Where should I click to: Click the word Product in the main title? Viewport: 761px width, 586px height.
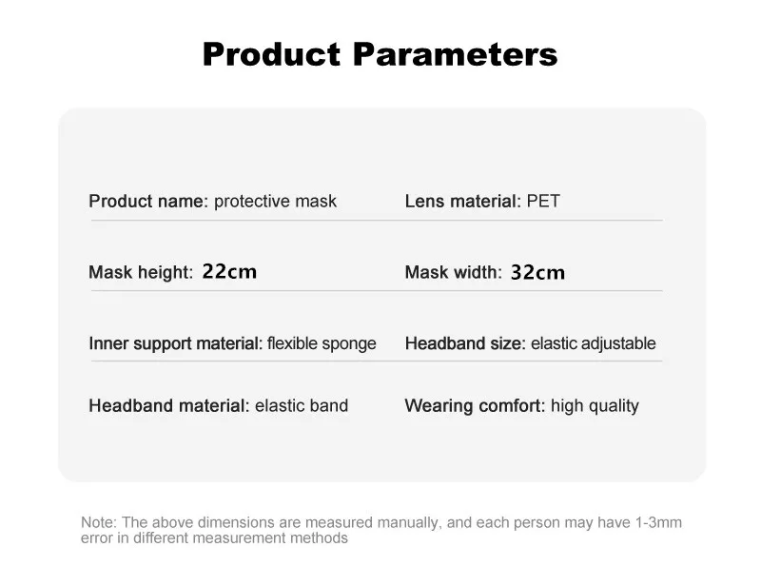(x=272, y=54)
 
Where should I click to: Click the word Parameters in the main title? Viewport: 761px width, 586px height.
(x=456, y=54)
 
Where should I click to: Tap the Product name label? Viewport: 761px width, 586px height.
(x=148, y=201)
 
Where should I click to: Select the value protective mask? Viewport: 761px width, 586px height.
(x=275, y=201)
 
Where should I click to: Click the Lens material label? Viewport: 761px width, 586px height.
(x=463, y=201)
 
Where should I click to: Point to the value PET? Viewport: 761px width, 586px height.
(x=543, y=201)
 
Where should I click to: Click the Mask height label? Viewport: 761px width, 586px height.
(x=141, y=272)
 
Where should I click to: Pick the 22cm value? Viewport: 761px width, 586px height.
(x=229, y=271)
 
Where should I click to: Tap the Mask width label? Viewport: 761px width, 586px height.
(x=454, y=272)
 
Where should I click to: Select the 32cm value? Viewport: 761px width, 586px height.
(x=537, y=272)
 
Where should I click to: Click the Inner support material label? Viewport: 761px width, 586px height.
(x=176, y=343)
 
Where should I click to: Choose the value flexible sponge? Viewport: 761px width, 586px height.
(x=322, y=343)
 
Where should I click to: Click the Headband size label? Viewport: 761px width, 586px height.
(x=465, y=343)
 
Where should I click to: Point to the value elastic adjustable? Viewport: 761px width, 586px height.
(x=594, y=343)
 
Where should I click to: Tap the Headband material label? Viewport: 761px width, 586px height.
(x=169, y=405)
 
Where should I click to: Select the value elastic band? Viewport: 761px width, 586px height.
(x=302, y=405)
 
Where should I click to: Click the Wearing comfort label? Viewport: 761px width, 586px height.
(x=475, y=406)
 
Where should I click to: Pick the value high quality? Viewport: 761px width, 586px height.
(x=595, y=406)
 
